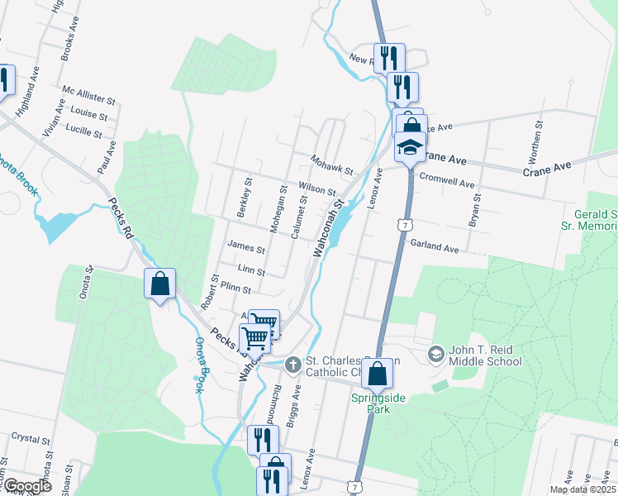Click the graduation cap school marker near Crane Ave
click(410, 147)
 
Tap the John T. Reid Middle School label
click(485, 355)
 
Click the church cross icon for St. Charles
click(292, 365)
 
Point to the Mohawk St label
click(331, 164)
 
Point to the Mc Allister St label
click(89, 97)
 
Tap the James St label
click(246, 246)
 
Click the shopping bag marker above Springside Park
click(377, 374)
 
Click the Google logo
click(26, 486)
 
